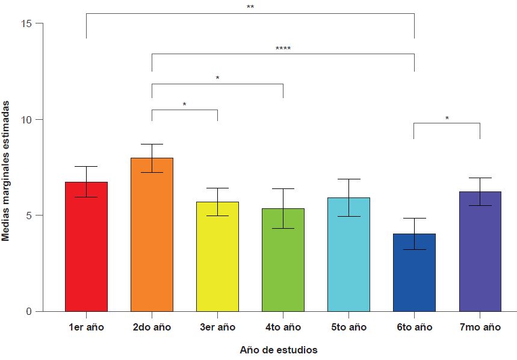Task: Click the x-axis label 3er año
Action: coord(217,327)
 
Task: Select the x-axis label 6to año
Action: coord(414,327)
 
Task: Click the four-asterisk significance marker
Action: coord(283,49)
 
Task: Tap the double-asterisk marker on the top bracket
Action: coord(250,8)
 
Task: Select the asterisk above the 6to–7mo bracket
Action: coord(447,119)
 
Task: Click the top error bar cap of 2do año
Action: coord(152,144)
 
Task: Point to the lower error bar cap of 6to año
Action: coord(414,249)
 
